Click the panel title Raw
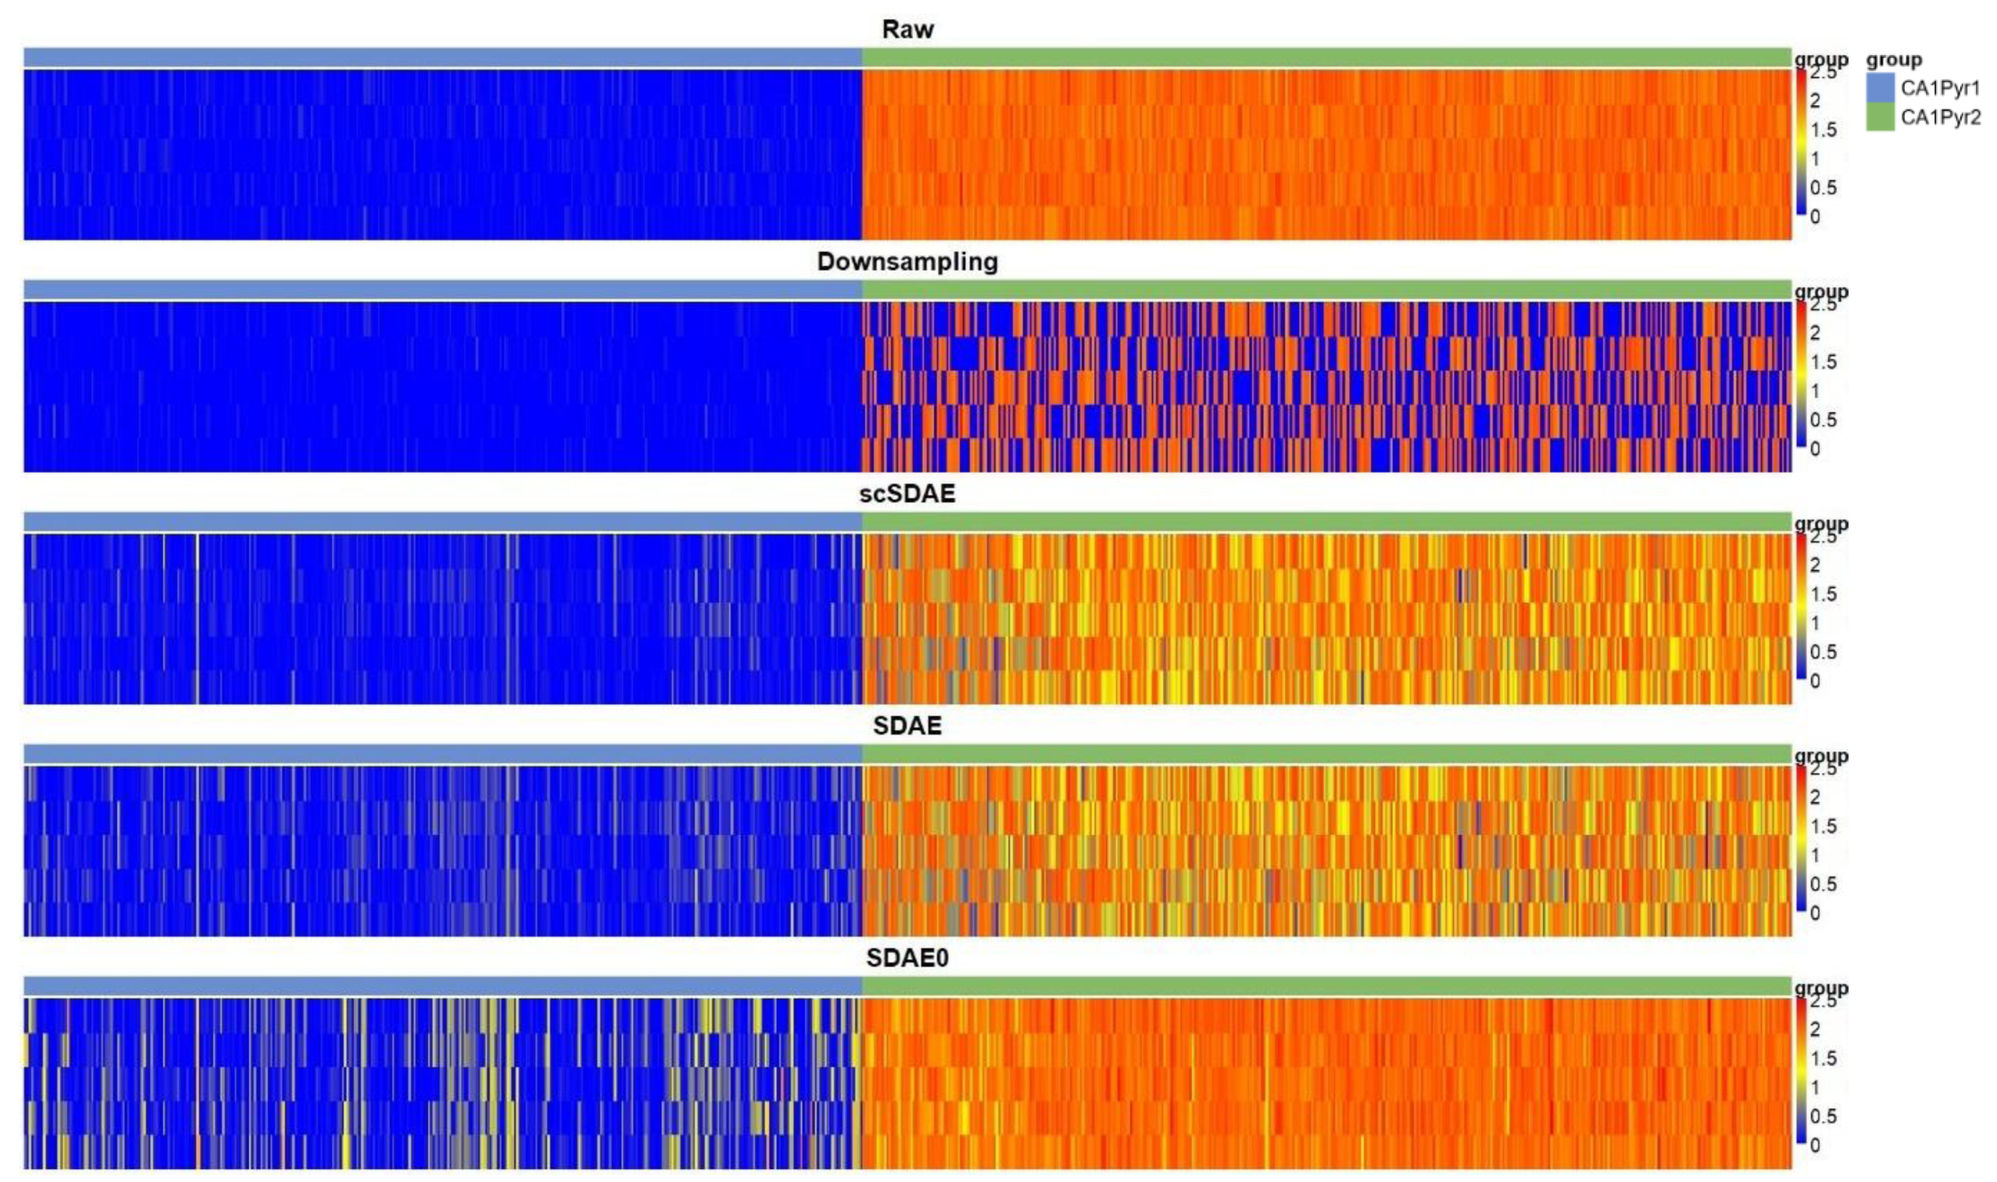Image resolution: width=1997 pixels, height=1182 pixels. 907,30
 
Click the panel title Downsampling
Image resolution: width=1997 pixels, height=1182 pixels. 907,262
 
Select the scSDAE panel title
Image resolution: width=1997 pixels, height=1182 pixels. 907,494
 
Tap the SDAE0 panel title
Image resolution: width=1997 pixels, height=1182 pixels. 907,958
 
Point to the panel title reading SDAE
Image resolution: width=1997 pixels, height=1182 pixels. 907,726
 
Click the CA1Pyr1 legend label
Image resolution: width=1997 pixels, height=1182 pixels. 1940,88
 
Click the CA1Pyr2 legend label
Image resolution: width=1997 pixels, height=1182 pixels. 1940,117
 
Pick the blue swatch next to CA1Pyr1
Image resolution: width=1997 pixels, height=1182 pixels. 1880,88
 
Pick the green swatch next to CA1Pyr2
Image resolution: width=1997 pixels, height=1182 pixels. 1880,117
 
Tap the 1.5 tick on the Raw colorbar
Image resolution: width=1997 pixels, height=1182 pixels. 1823,130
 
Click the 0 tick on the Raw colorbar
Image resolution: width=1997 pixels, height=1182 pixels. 1815,216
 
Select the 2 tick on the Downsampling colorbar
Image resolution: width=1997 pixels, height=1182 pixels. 1815,333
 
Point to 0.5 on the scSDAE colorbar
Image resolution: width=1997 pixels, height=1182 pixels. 1823,652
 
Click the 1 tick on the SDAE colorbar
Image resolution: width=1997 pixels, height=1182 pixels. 1815,855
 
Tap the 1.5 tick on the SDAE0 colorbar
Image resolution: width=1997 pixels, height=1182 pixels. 1823,1059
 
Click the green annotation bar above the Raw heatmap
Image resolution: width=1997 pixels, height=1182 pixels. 1326,57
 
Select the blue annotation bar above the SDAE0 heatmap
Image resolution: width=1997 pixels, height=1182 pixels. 442,986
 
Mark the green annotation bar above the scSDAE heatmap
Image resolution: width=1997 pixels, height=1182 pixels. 1326,521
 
